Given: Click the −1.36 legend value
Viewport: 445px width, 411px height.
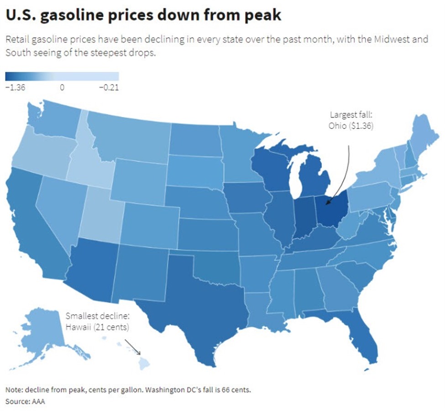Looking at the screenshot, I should coord(15,88).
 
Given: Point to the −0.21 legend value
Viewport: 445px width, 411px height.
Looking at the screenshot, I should coord(109,88).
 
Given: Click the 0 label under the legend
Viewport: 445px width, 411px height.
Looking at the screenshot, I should coord(62,88).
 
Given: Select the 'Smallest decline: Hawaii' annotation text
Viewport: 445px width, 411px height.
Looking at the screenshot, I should coord(98,321).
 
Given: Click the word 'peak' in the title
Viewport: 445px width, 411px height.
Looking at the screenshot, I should coord(262,15).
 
